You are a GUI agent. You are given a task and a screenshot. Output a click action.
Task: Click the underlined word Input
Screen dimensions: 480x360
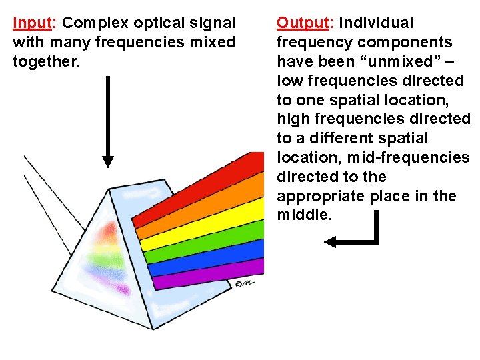[x=33, y=23]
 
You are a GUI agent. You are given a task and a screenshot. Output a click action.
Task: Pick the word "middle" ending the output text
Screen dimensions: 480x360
[x=303, y=216]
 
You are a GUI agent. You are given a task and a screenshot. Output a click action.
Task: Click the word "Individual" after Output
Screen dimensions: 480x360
[x=376, y=23]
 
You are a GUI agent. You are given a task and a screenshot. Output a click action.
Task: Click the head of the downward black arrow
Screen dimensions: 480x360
[x=108, y=162]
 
